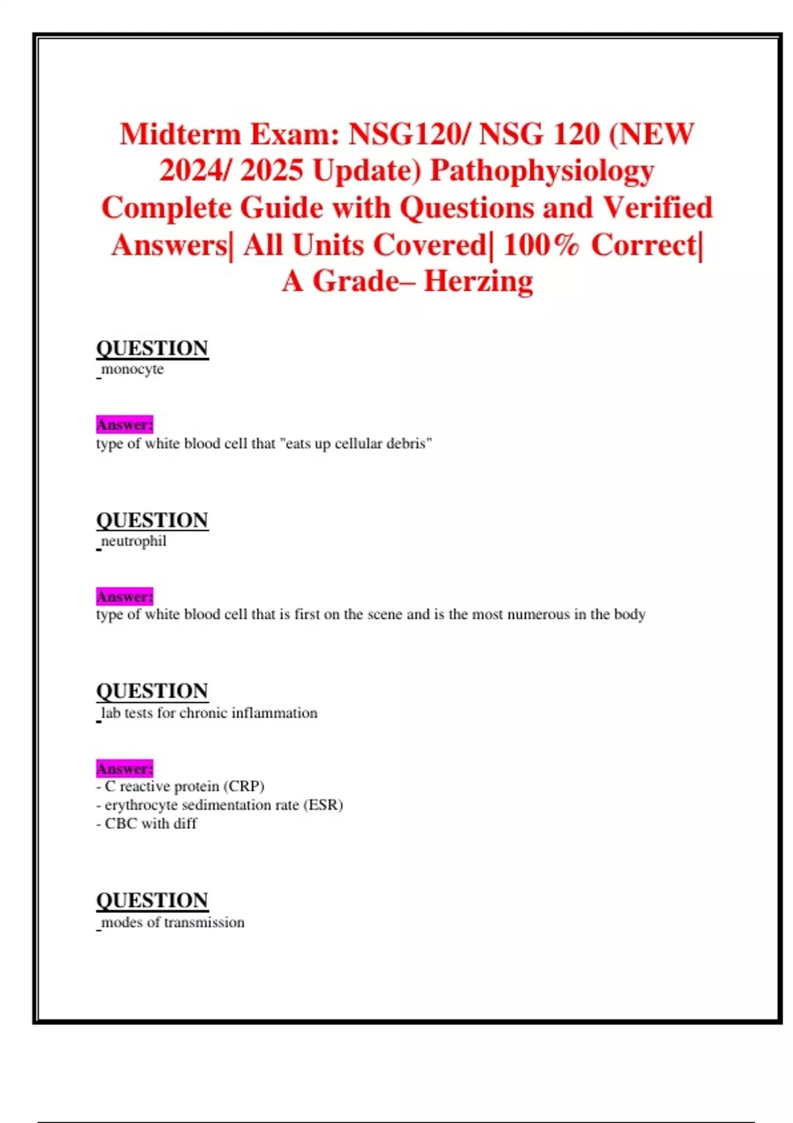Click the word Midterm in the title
[x=180, y=135]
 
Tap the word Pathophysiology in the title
[x=542, y=171]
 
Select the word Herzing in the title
[x=478, y=281]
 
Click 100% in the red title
[x=541, y=245]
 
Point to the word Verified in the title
[x=658, y=208]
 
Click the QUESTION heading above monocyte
[x=152, y=348]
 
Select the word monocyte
[x=132, y=369]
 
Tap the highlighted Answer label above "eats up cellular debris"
[x=124, y=424]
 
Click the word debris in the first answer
[x=410, y=443]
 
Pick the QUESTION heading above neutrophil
[x=152, y=520]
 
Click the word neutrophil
[x=133, y=541]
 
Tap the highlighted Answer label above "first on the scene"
[x=124, y=597]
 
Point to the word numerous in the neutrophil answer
[x=539, y=614]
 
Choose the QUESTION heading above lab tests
[x=152, y=691]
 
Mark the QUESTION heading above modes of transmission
[x=152, y=900]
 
